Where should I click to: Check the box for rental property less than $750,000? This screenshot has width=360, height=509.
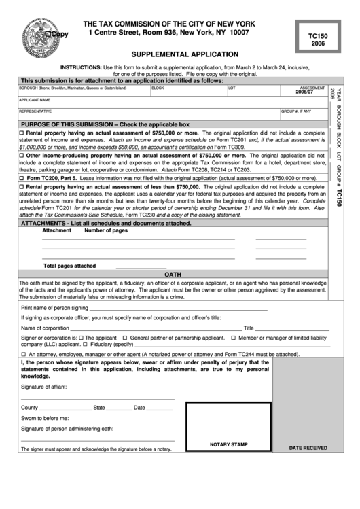(x=22, y=186)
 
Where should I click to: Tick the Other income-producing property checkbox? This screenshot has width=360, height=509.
(x=22, y=156)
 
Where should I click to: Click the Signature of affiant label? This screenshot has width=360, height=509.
(x=44, y=386)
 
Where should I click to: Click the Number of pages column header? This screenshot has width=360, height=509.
(x=105, y=230)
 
